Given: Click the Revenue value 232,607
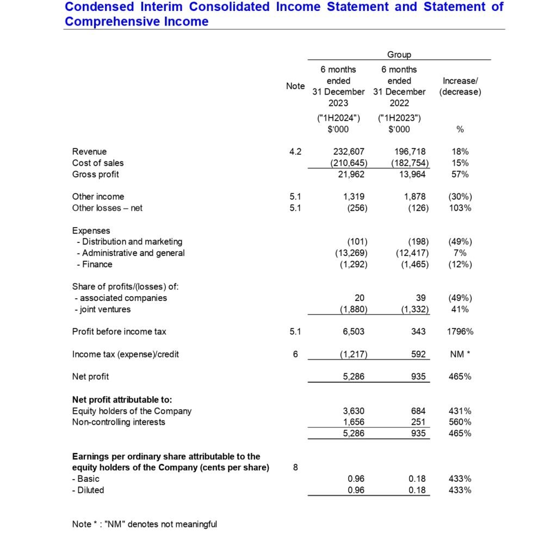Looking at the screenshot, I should coord(348,152).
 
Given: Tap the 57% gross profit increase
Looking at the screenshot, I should coord(460,174).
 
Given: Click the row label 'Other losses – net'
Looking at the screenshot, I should coord(107,208).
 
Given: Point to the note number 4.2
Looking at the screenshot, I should coord(295,152).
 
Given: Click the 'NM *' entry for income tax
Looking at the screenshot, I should coord(460,354).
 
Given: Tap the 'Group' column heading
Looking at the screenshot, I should coord(399,54).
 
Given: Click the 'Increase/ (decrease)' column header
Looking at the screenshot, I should coord(460,86).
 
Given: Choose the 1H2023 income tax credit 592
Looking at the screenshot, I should coord(418,354).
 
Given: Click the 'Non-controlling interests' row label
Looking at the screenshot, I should coord(119,422).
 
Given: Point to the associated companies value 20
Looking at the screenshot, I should coord(359,298).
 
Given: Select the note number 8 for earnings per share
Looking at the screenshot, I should coord(295,467).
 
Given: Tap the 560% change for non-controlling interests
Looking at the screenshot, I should coord(460,422).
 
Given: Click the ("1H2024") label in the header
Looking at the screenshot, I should coord(338,118).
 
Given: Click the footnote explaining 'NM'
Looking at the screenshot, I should coord(144,524).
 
